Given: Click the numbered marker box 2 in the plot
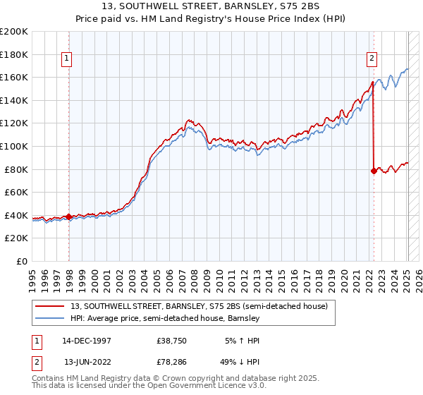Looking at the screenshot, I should (x=372, y=59).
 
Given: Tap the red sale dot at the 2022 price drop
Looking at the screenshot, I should (x=374, y=171).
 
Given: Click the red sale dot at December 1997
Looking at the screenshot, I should (x=69, y=217).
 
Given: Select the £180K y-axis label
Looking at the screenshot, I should (x=14, y=54).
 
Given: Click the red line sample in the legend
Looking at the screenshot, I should (x=51, y=307).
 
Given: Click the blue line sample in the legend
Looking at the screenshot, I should (x=51, y=319).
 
